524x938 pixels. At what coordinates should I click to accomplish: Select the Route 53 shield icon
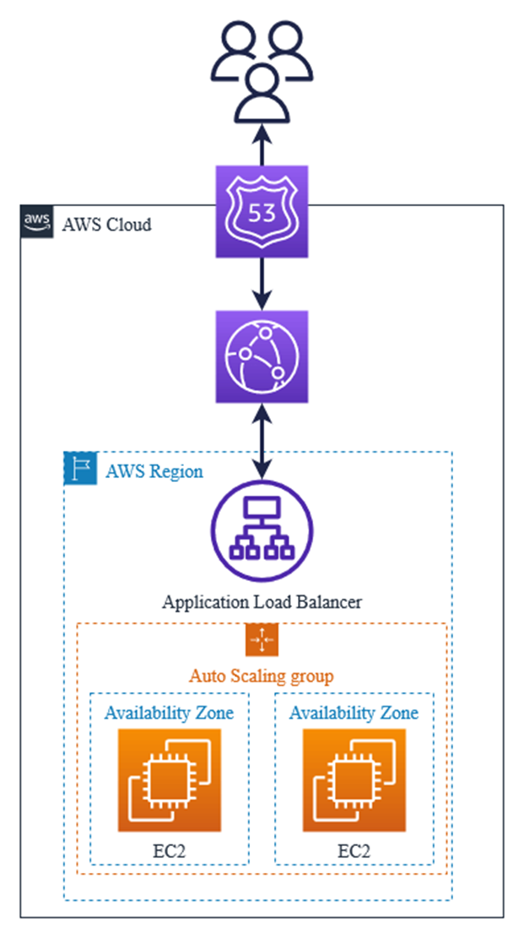pos(262,211)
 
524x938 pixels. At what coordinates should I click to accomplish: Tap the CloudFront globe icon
pos(262,355)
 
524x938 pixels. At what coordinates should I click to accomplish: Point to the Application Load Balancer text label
pos(262,603)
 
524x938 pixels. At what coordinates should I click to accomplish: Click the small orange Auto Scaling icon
pos(262,640)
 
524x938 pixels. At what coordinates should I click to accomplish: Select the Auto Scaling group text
pos(261,675)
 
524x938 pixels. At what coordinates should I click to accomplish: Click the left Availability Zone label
pos(169,713)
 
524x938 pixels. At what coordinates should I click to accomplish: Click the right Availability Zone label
pos(354,713)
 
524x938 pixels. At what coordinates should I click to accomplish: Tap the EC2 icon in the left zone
pos(169,779)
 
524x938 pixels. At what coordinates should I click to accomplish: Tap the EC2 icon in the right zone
pos(354,779)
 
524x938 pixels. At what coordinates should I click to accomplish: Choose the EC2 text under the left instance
pos(169,850)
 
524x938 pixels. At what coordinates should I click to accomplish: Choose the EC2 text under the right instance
pos(354,850)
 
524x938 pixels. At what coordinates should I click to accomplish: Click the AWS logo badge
pos(36,221)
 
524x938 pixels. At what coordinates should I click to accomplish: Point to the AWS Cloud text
pos(106,225)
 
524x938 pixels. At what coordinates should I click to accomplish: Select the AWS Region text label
pos(154,471)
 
